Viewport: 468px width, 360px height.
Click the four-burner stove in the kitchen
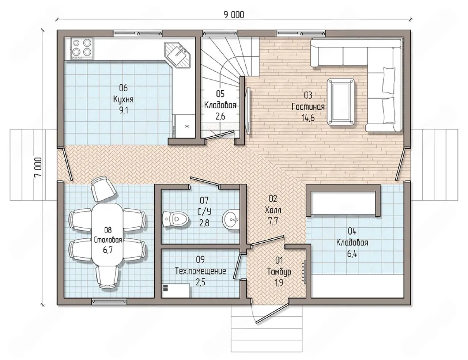click(82, 49)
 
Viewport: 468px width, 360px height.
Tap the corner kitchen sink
click(177, 55)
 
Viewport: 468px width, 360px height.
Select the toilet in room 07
click(175, 219)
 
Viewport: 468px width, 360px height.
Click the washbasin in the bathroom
click(231, 220)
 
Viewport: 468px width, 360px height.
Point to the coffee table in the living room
click(341, 102)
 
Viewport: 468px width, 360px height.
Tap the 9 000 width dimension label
click(234, 15)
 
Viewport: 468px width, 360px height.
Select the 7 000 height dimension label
click(38, 167)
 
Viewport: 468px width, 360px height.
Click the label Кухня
click(123, 100)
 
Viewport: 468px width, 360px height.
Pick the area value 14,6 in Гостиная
click(308, 118)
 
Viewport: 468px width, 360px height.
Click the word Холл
click(273, 210)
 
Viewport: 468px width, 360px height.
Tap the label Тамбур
click(279, 272)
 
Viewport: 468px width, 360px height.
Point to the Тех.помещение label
click(200, 271)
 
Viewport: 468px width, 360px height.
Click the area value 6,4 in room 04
click(352, 254)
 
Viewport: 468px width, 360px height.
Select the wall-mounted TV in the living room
click(248, 111)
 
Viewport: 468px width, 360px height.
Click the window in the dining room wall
click(109, 302)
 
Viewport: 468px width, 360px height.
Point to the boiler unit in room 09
click(175, 291)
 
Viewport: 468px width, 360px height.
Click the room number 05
click(220, 94)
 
